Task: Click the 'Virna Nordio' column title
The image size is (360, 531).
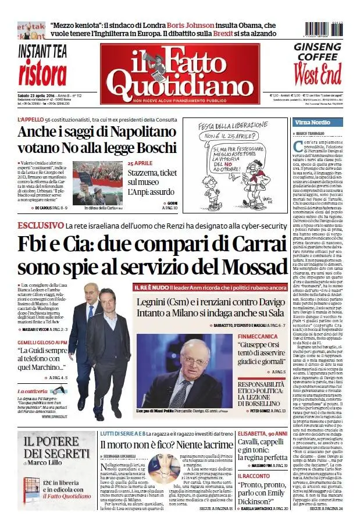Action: coord(312,123)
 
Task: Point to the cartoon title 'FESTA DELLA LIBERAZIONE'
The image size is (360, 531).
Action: coord(234,125)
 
